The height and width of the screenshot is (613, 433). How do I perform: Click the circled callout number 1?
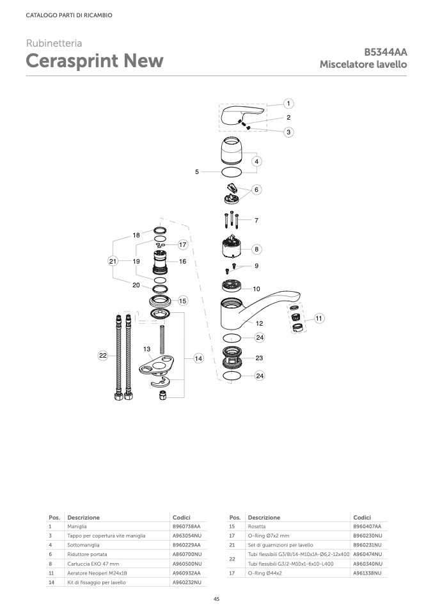click(x=288, y=104)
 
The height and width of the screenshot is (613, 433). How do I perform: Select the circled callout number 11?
click(x=319, y=318)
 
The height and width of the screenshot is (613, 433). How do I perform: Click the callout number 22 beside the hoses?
click(x=102, y=355)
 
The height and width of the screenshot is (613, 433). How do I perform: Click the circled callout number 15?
click(x=182, y=301)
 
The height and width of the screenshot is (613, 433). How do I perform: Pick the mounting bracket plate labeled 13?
click(x=156, y=365)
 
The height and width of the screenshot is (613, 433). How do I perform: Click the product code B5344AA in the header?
click(x=385, y=52)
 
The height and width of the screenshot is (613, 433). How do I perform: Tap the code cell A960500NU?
click(x=187, y=564)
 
